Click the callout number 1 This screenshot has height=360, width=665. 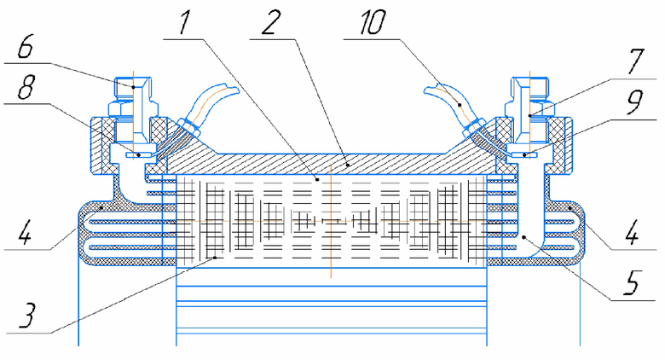(x=183, y=23)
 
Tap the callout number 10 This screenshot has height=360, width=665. (x=373, y=23)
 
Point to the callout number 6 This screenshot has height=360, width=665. (x=26, y=47)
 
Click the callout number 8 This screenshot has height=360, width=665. (x=26, y=88)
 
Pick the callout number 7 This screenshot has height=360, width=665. (x=636, y=62)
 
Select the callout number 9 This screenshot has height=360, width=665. (x=634, y=102)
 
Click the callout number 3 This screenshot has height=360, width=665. (x=26, y=316)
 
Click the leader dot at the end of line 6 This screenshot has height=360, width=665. (x=133, y=87)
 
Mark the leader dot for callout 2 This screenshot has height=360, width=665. (x=347, y=164)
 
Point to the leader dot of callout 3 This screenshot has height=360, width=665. (x=215, y=258)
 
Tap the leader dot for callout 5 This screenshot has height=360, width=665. (x=524, y=237)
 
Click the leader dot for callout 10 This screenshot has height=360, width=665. (x=459, y=103)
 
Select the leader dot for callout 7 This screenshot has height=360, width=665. (x=529, y=115)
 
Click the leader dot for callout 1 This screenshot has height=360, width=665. (x=317, y=180)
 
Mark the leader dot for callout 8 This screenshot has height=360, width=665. (x=138, y=154)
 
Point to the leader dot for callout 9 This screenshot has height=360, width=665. (x=524, y=155)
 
